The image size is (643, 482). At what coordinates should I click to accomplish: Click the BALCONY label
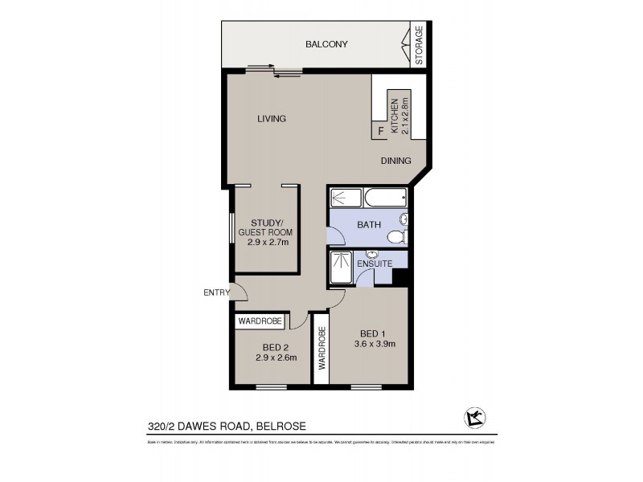[x=326, y=44]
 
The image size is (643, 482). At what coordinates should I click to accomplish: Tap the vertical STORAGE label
[x=419, y=46]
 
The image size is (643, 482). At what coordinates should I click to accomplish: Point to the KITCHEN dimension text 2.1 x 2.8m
[x=405, y=116]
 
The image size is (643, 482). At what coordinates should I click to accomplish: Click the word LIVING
[x=272, y=119]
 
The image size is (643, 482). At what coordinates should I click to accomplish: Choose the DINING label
[x=396, y=160]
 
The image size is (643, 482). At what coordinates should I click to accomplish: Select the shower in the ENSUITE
[x=341, y=265]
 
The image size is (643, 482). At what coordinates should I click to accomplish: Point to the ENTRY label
[x=215, y=292]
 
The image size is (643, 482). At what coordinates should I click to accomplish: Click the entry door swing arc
[x=239, y=293]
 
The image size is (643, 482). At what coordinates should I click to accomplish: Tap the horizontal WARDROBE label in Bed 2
[x=260, y=321]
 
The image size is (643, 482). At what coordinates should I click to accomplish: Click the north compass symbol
[x=473, y=416]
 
